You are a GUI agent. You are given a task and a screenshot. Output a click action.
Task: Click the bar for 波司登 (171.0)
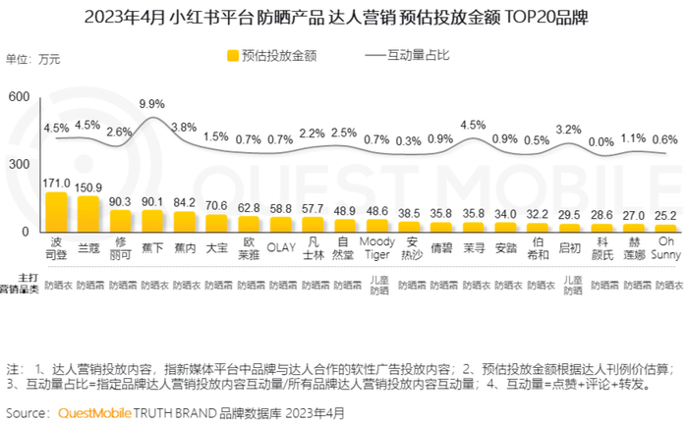click(x=56, y=212)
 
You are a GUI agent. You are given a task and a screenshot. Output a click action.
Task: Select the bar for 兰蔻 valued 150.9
click(x=88, y=214)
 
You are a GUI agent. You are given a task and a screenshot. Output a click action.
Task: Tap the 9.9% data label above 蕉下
click(x=151, y=103)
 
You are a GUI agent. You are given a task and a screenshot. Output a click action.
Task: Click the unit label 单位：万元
click(x=33, y=60)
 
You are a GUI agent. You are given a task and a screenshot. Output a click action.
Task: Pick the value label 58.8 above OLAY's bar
click(x=281, y=208)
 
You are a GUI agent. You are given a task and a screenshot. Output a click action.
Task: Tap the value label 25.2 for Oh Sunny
click(x=665, y=215)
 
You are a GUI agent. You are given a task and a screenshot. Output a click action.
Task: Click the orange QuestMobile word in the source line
click(x=96, y=412)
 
